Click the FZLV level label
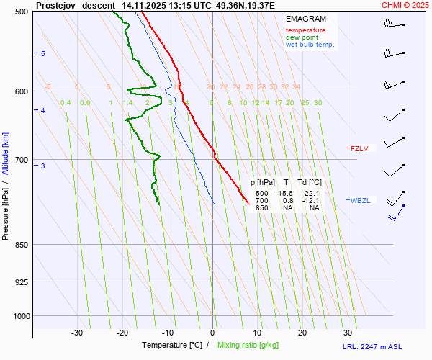point(359,149)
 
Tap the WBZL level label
point(360,200)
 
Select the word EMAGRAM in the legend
point(305,18)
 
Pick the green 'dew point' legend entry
point(301,37)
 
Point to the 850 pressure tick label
point(21,245)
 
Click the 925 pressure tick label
point(21,282)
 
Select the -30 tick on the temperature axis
point(77,333)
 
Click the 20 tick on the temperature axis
point(302,333)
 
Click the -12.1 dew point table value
point(311,201)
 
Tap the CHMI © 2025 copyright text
point(405,5)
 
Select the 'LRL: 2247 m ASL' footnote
point(384,346)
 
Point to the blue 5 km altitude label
point(43,54)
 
